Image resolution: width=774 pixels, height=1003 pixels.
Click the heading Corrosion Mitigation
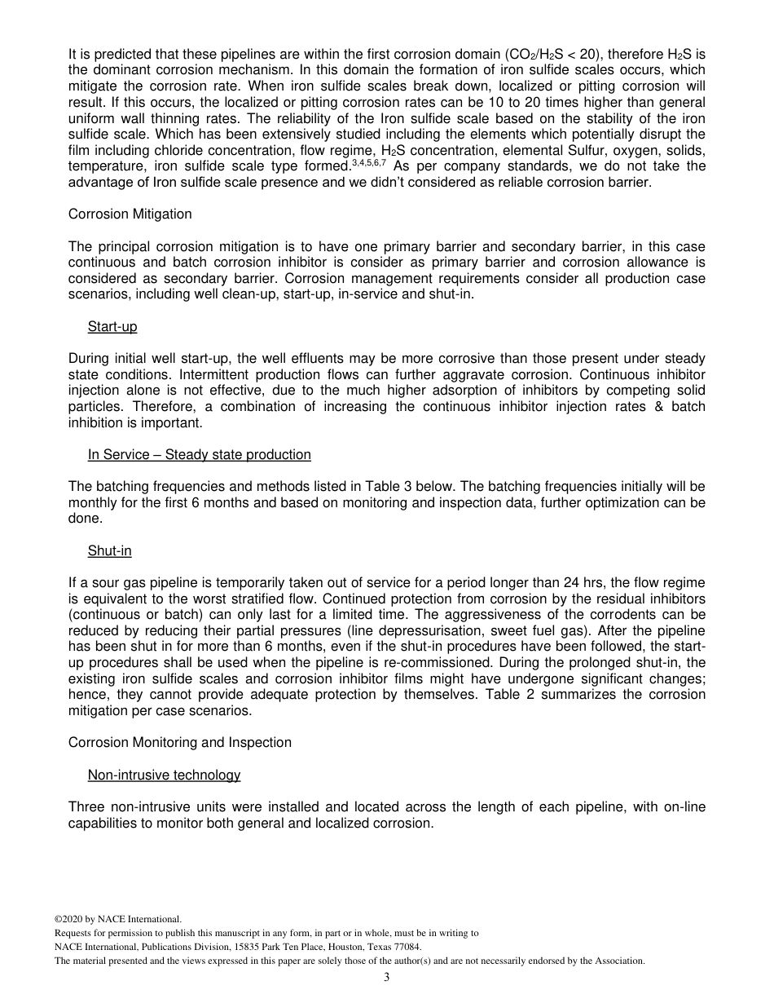click(x=130, y=214)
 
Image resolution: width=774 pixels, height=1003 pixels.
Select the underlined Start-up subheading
click(x=112, y=327)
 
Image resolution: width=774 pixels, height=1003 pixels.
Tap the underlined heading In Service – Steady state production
click(x=199, y=455)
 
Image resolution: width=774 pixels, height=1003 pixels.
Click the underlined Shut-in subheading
click(x=109, y=551)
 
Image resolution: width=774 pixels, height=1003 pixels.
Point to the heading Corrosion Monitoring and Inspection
click(x=179, y=743)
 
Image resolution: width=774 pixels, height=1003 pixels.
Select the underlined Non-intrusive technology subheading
click(x=164, y=775)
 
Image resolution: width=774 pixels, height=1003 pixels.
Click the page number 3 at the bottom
click(x=387, y=978)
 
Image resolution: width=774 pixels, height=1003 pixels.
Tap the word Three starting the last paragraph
click(x=87, y=807)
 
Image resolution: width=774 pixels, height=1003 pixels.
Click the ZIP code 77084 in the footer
click(x=405, y=947)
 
